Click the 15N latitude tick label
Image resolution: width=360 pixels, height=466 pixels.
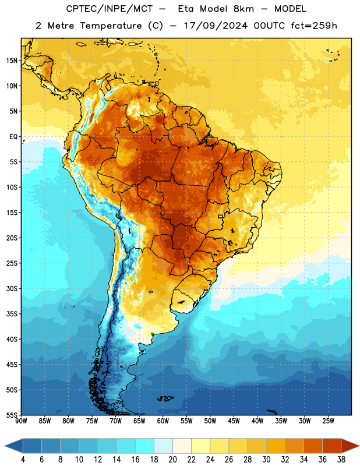tap(12, 61)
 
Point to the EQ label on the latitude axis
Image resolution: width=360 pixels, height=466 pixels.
tap(13, 137)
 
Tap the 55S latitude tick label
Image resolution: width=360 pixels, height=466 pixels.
tap(12, 415)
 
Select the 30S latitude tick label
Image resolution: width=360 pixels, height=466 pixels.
tap(12, 288)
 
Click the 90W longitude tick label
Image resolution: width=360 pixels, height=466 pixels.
tap(22, 421)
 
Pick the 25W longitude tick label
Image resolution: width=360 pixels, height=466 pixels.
tap(328, 421)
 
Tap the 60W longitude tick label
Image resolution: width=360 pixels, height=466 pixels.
tap(163, 421)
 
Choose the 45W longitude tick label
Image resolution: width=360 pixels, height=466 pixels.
tap(234, 421)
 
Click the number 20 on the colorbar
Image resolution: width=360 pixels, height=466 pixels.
tap(172, 460)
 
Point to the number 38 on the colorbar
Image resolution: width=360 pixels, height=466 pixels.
tap(341, 460)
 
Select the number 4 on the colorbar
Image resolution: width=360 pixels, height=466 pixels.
tap(23, 460)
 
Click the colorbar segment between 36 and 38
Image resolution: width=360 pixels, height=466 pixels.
tap(332, 446)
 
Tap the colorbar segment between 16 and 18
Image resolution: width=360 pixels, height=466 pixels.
tap(144, 446)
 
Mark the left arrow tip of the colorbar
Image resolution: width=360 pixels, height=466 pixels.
tap(5, 446)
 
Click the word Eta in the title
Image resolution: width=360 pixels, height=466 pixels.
tap(185, 9)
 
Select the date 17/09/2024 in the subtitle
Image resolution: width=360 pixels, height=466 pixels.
tap(215, 26)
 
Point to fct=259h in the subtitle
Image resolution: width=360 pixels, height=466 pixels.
tap(314, 26)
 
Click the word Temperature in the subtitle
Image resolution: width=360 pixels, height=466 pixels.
tap(111, 26)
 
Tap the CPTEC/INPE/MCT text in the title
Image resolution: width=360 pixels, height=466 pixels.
tap(110, 9)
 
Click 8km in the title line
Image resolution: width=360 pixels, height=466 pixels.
tap(243, 9)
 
